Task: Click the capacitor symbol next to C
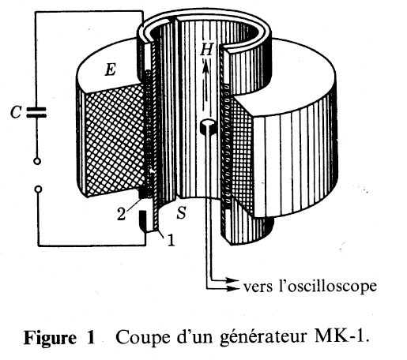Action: pyautogui.click(x=36, y=112)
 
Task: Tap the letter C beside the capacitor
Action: pyautogui.click(x=15, y=112)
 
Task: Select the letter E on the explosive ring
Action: pyautogui.click(x=110, y=70)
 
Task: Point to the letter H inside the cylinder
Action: pyautogui.click(x=206, y=49)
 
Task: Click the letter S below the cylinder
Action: pyautogui.click(x=181, y=212)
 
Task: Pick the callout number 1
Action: pyautogui.click(x=171, y=240)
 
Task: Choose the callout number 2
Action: pyautogui.click(x=122, y=214)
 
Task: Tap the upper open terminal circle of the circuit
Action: pyautogui.click(x=37, y=161)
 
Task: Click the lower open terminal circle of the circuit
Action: pyautogui.click(x=38, y=189)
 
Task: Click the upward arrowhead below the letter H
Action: pyautogui.click(x=206, y=66)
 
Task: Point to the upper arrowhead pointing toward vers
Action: pyautogui.click(x=232, y=280)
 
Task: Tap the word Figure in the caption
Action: pyautogui.click(x=50, y=338)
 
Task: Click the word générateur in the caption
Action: pyautogui.click(x=263, y=338)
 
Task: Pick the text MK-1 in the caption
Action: pyautogui.click(x=341, y=337)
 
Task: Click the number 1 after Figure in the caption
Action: pyautogui.click(x=90, y=337)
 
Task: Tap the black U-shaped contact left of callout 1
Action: pyautogui.click(x=144, y=221)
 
